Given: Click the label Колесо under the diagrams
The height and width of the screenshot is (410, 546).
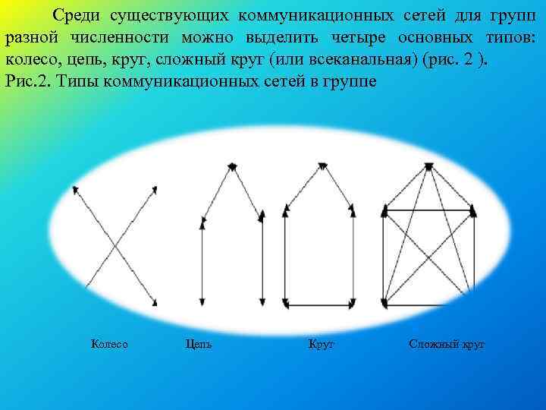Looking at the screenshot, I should (x=109, y=345).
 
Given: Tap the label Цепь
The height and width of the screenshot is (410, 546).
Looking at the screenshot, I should (x=199, y=345).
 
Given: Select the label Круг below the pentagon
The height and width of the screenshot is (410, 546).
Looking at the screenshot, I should (x=322, y=345).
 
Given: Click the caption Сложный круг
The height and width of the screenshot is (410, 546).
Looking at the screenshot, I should (x=447, y=345).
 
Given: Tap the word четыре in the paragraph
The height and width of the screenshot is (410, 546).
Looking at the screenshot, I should (x=360, y=37).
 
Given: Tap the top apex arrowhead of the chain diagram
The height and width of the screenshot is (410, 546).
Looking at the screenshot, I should (x=231, y=165).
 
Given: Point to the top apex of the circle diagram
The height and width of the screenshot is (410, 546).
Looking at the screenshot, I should (x=322, y=165).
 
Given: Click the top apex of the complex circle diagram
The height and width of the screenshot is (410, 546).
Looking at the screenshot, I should (x=428, y=165).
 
